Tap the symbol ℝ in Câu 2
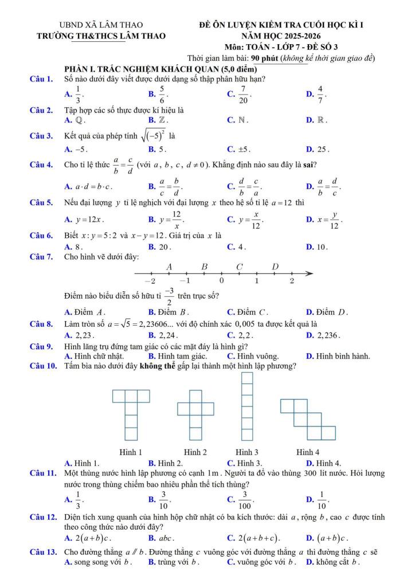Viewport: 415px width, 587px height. [x=321, y=120]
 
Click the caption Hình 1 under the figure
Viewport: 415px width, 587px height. [x=131, y=452]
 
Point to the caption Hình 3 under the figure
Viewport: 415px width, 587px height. [x=247, y=452]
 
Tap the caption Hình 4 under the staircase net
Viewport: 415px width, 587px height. [x=308, y=452]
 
